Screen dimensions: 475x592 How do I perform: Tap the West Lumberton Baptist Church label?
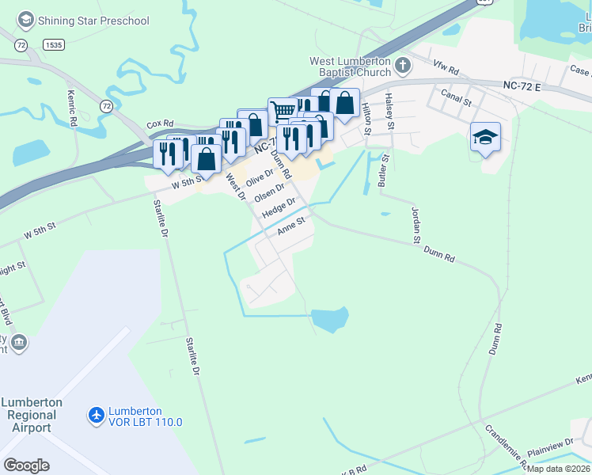(350, 66)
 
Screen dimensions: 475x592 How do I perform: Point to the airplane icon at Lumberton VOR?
(97, 415)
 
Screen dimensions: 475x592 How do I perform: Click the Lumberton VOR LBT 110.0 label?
(134, 416)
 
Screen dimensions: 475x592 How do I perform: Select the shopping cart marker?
(282, 110)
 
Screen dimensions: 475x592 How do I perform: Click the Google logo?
(26, 465)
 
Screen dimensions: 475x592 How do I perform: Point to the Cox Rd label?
(159, 125)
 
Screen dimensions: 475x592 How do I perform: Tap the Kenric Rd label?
(71, 113)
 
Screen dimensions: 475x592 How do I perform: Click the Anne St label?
(290, 228)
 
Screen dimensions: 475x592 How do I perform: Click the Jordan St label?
(414, 225)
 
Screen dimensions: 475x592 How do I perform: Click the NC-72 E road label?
(520, 85)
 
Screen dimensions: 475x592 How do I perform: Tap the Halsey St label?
(389, 106)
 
